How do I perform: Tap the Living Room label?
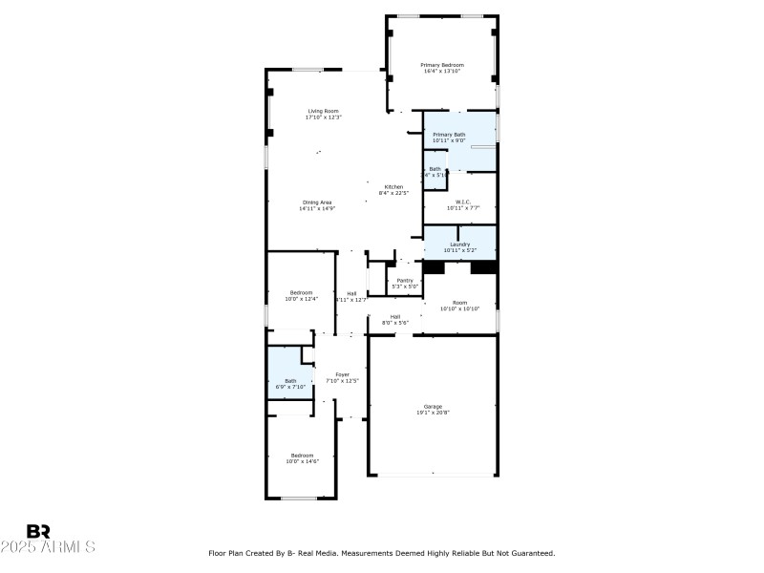pyautogui.click(x=323, y=111)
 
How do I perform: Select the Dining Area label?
pyautogui.click(x=317, y=202)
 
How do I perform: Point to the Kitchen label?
pyautogui.click(x=393, y=186)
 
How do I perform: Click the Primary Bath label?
pyautogui.click(x=449, y=135)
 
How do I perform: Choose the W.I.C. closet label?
pyautogui.click(x=463, y=202)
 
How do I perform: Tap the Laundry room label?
pyautogui.click(x=459, y=244)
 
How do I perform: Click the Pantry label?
pyautogui.click(x=405, y=280)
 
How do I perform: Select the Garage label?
pyautogui.click(x=433, y=406)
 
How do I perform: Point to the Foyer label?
pyautogui.click(x=342, y=374)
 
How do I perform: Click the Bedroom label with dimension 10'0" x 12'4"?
pyautogui.click(x=301, y=292)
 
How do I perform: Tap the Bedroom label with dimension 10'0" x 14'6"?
pyautogui.click(x=301, y=455)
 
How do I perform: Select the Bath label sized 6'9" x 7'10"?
pyautogui.click(x=290, y=380)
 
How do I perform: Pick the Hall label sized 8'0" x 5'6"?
pyautogui.click(x=394, y=316)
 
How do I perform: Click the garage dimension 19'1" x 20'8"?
pyautogui.click(x=433, y=413)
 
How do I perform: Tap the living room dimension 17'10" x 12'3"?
pyautogui.click(x=323, y=117)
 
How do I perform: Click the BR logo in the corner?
pyautogui.click(x=38, y=531)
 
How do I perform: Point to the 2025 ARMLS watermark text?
pyautogui.click(x=48, y=547)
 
